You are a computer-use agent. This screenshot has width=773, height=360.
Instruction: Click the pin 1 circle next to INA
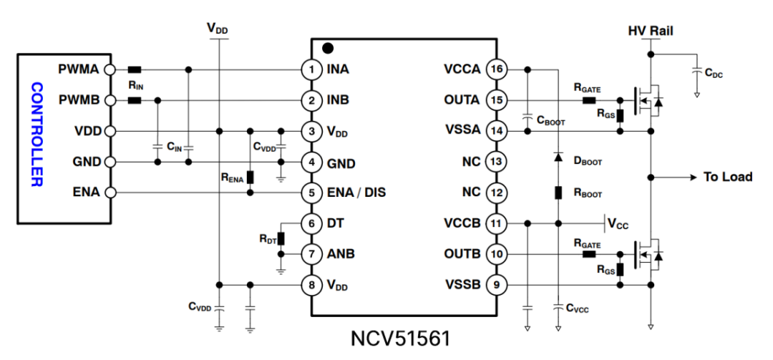(x=311, y=70)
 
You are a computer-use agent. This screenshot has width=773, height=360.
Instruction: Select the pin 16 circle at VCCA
(x=495, y=69)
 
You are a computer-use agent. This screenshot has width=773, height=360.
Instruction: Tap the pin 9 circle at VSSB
(x=495, y=285)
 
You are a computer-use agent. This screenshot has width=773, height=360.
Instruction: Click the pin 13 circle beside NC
(x=495, y=162)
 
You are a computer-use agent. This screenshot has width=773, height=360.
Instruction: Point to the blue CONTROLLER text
(x=37, y=135)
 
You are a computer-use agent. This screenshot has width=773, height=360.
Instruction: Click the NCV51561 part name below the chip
(x=402, y=337)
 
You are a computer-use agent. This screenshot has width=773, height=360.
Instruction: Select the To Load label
(x=728, y=177)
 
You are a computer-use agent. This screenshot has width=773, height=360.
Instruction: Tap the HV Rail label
(x=650, y=31)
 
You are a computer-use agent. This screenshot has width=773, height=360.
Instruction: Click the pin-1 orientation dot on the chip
(x=328, y=49)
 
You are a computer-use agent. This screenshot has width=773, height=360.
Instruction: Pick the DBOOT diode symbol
(x=558, y=157)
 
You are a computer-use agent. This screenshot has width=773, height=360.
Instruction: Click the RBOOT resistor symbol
(x=558, y=193)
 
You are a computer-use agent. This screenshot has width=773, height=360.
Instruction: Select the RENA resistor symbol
(x=250, y=177)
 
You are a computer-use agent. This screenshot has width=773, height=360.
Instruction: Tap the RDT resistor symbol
(x=281, y=238)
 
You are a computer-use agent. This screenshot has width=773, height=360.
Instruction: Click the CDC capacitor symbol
(x=696, y=71)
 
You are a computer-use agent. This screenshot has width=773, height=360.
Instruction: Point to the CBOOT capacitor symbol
(x=527, y=116)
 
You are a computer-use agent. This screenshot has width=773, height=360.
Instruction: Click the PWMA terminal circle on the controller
(x=110, y=69)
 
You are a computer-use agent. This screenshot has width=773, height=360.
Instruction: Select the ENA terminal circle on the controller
(x=110, y=193)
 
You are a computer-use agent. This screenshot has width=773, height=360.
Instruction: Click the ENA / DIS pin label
(x=356, y=193)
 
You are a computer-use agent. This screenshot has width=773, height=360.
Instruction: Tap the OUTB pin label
(x=462, y=254)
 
